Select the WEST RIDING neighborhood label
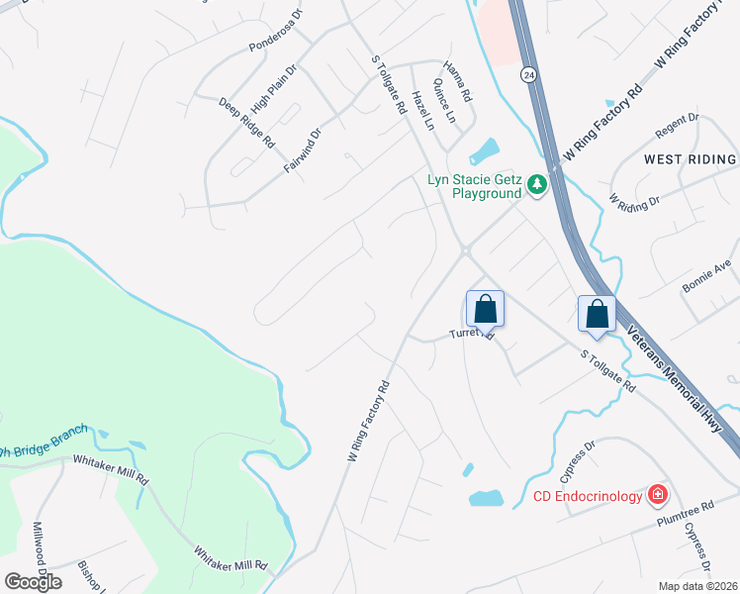click(x=690, y=158)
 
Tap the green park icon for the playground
click(x=536, y=185)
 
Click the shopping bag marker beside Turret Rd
click(x=485, y=308)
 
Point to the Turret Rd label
click(x=472, y=335)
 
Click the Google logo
click(x=33, y=582)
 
